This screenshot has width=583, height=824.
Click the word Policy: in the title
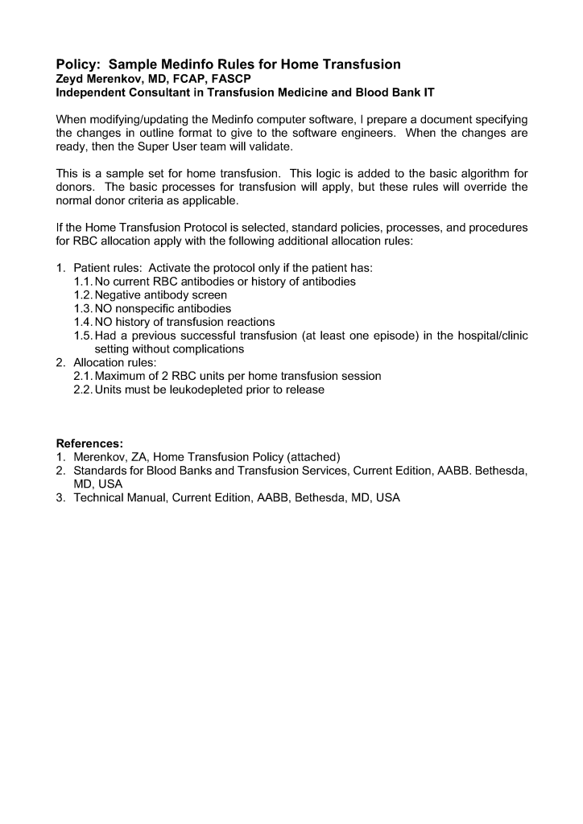click(x=79, y=64)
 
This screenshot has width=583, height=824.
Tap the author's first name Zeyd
click(x=71, y=79)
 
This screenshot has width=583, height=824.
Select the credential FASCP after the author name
click(x=230, y=79)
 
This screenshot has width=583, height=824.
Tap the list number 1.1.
click(x=83, y=282)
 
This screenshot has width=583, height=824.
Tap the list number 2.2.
click(x=83, y=390)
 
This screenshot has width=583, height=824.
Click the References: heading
click(x=89, y=443)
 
